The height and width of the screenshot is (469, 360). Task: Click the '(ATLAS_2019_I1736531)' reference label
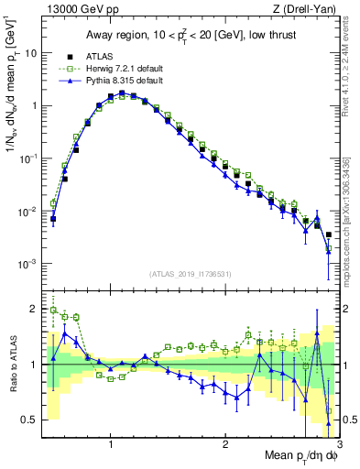tap(191, 274)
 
